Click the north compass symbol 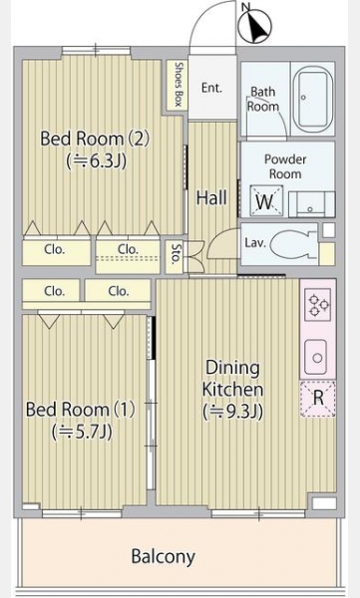[x=254, y=26]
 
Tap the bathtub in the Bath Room [x=313, y=100]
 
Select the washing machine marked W [x=266, y=200]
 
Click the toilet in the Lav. [x=293, y=244]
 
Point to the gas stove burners [x=318, y=304]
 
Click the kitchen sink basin [x=315, y=357]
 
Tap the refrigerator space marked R [x=318, y=398]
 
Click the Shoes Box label [x=179, y=85]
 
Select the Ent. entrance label [x=211, y=88]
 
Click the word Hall [x=211, y=198]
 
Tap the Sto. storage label [x=175, y=255]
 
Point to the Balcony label [x=163, y=556]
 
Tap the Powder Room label [x=285, y=166]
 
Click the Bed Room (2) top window [x=96, y=50]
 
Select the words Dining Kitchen [x=233, y=379]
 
